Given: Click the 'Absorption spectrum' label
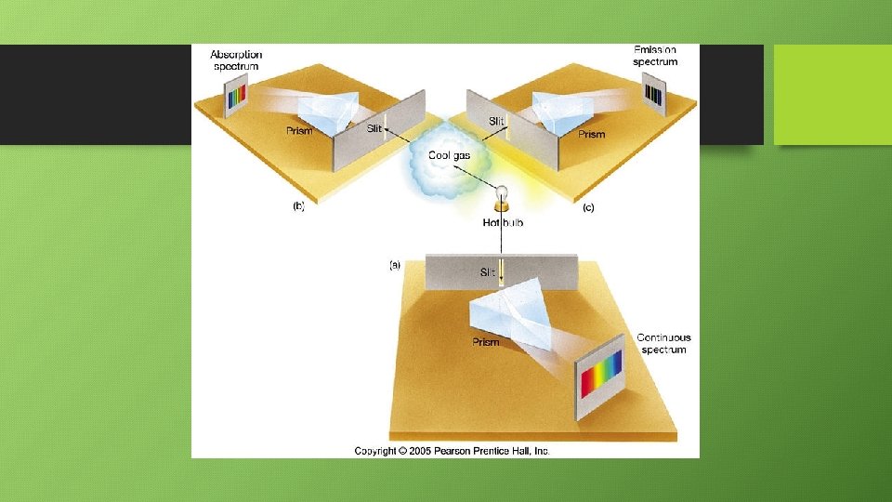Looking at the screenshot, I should (x=236, y=60).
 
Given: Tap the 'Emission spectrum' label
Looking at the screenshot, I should (x=655, y=56).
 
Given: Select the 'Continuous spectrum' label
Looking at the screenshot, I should (x=663, y=343).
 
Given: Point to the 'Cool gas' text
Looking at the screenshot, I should (x=449, y=155).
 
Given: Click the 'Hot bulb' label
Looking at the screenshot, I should (x=503, y=223).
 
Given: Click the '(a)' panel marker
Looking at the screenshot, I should (x=395, y=265).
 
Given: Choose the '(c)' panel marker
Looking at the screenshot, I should (x=588, y=208).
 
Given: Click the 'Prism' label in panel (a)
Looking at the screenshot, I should (x=485, y=342).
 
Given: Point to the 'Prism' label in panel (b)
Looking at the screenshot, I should (x=299, y=131).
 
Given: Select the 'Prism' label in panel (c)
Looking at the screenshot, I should (x=591, y=135).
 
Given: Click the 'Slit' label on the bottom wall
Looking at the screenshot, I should (x=488, y=272).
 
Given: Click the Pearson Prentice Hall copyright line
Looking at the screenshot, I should (x=452, y=451).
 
